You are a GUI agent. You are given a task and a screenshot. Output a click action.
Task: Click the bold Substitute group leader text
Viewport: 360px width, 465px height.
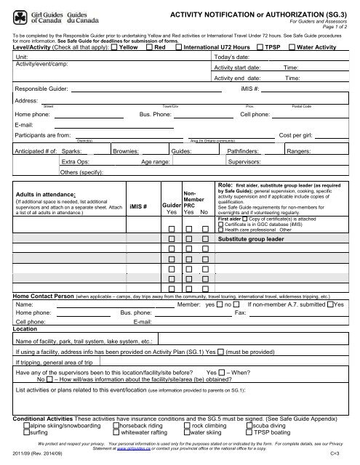(252, 238)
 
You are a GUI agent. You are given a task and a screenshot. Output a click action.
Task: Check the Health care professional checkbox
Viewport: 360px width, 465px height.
(221, 230)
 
